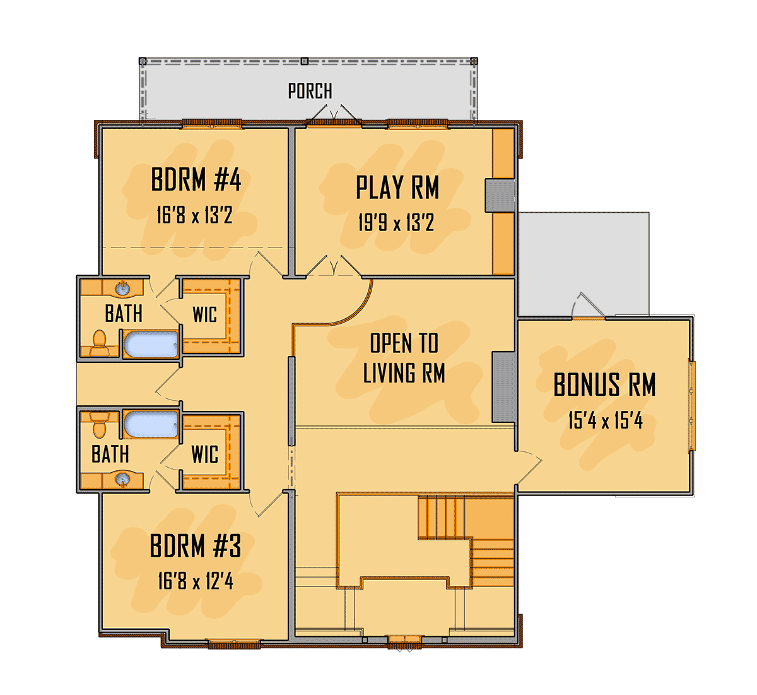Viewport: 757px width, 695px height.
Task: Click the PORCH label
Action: (x=310, y=92)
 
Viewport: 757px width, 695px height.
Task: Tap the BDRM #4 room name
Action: (x=196, y=181)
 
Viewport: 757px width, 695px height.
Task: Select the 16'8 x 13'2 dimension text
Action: (x=194, y=216)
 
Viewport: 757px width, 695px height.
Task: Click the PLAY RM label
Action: (x=397, y=187)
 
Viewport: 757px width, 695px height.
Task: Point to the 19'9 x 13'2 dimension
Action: (x=396, y=223)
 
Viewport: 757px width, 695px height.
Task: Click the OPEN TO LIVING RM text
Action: (x=404, y=359)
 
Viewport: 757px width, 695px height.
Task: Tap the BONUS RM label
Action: (x=604, y=385)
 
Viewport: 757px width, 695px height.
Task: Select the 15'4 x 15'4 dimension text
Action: (x=605, y=420)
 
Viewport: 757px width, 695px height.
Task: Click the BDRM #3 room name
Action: (x=196, y=546)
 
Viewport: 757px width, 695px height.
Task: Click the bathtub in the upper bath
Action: (x=151, y=345)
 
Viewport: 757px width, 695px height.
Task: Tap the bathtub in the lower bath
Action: (x=151, y=424)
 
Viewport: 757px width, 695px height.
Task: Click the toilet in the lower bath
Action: (x=100, y=424)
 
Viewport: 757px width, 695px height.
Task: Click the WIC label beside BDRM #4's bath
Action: (x=204, y=314)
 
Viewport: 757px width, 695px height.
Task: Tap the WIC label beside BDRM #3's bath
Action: (x=205, y=454)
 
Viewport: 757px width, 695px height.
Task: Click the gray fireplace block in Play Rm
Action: (x=500, y=195)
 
